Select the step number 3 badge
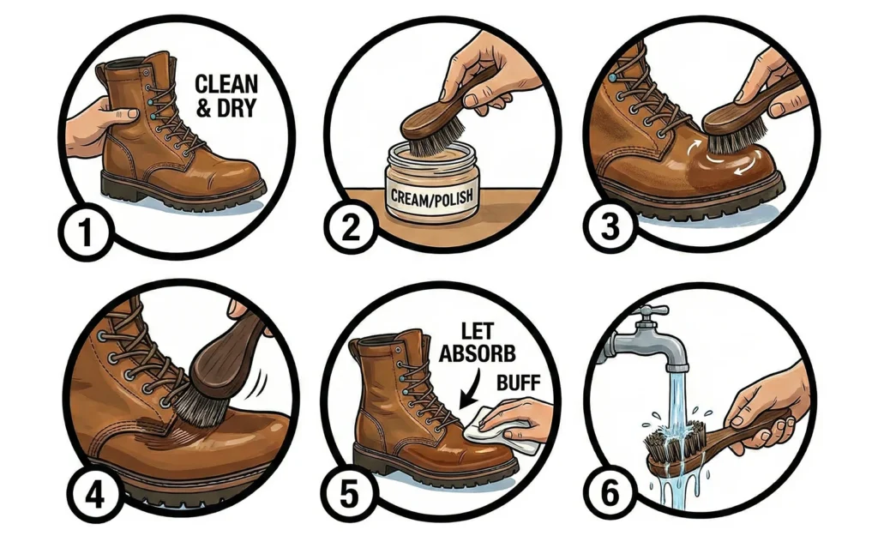click(x=610, y=227)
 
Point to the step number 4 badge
click(x=94, y=494)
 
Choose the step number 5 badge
click(x=350, y=494)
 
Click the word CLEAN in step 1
click(x=226, y=84)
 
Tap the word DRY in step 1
click(x=236, y=107)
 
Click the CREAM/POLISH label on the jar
click(x=432, y=197)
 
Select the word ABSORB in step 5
click(x=477, y=353)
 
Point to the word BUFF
click(x=519, y=383)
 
